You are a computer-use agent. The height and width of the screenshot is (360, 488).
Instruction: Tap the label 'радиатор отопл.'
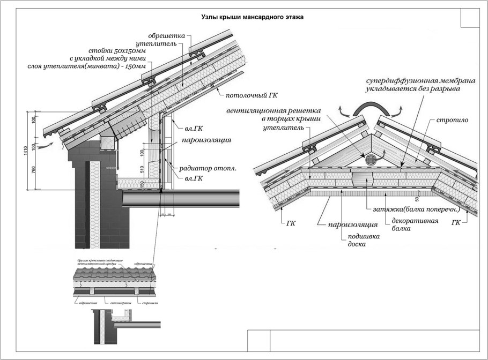click(x=208, y=168)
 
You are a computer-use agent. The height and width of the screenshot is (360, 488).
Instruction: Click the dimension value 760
click(x=33, y=171)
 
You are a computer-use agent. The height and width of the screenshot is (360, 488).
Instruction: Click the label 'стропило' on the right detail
click(x=452, y=120)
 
